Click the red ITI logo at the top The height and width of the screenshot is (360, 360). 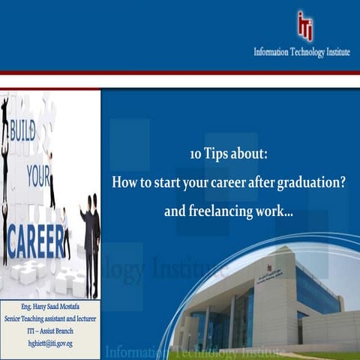pyautogui.click(x=304, y=24)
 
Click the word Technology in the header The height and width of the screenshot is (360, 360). pyautogui.click(x=303, y=52)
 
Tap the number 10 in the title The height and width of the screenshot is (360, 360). pyautogui.click(x=196, y=154)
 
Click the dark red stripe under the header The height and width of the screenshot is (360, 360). pyautogui.click(x=180, y=73)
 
